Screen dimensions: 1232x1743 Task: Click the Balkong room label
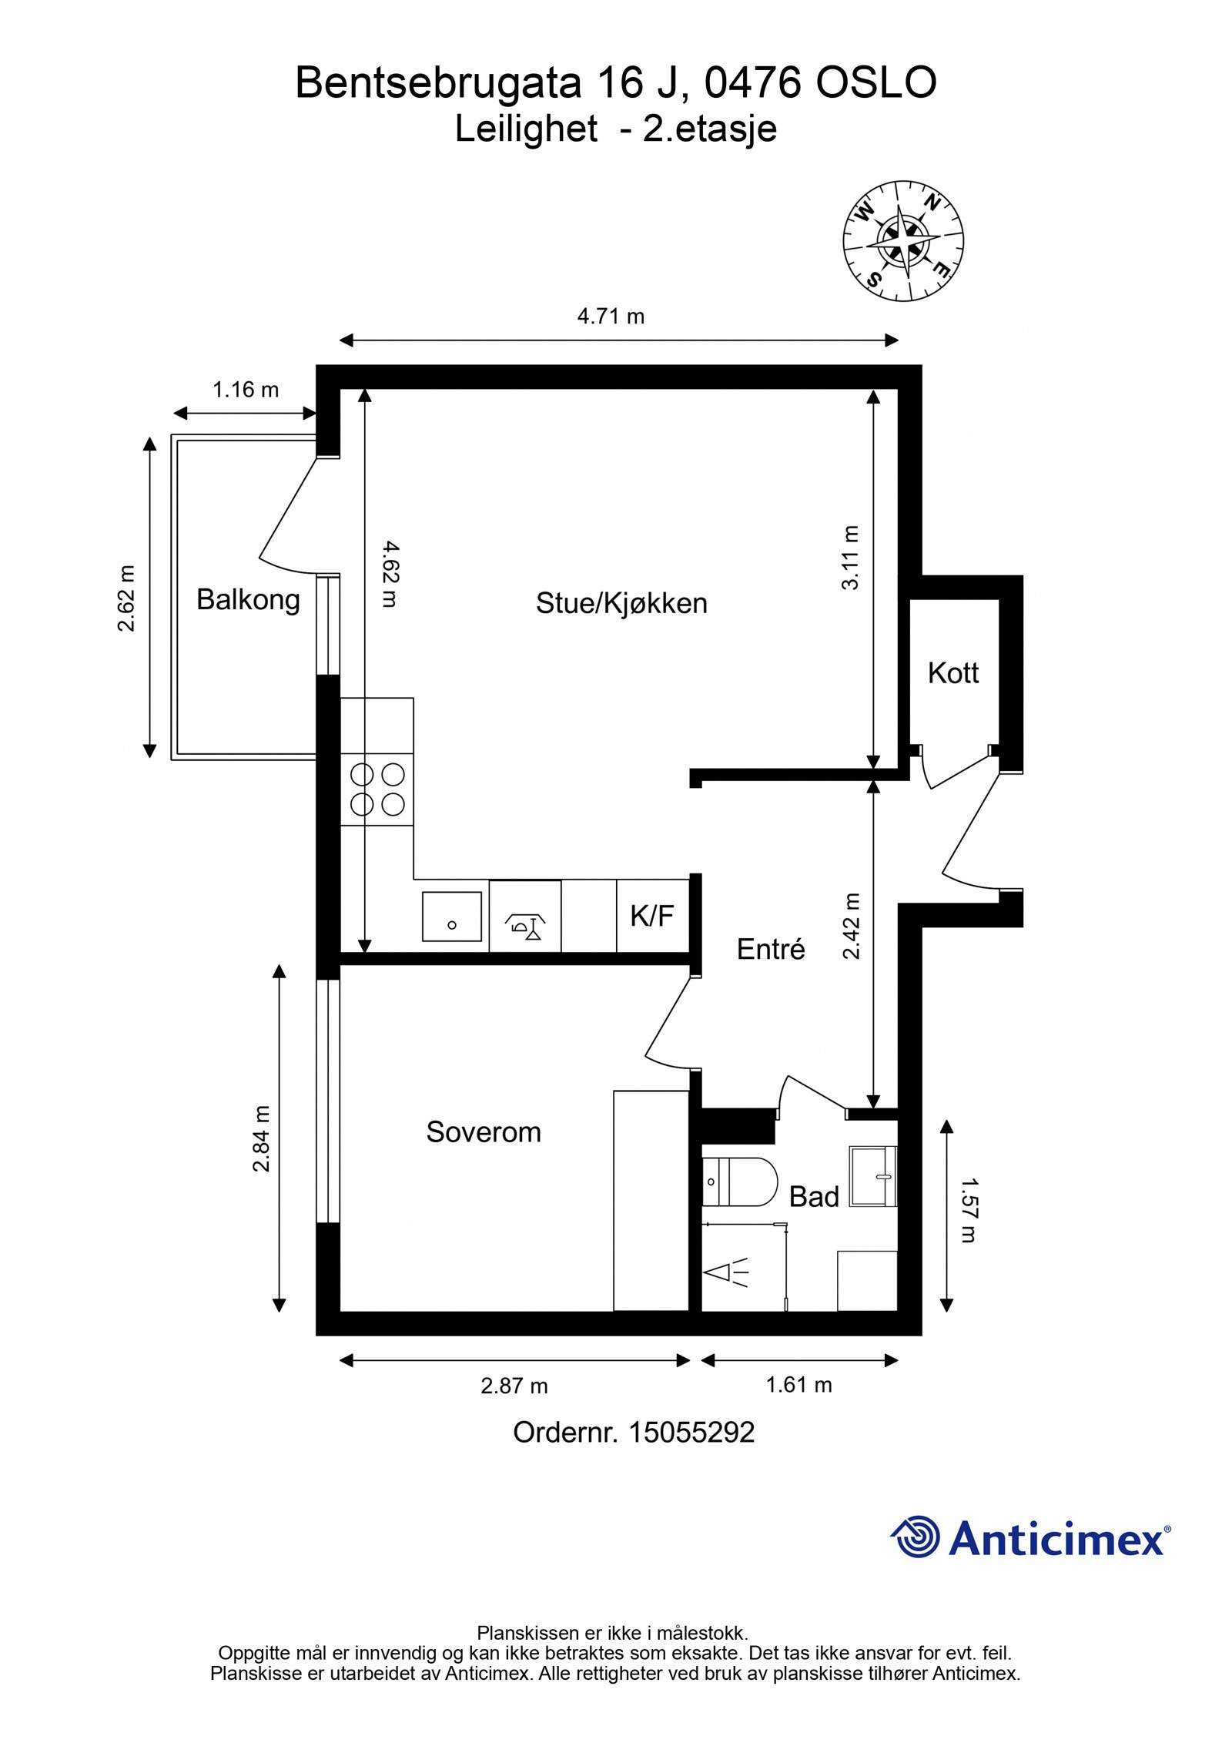coord(248,599)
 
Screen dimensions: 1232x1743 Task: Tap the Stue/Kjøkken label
coord(621,603)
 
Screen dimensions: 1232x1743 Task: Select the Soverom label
coord(484,1131)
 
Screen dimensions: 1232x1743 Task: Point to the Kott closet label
coord(953,673)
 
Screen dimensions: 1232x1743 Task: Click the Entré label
coord(771,949)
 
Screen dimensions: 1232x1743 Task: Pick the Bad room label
coord(814,1197)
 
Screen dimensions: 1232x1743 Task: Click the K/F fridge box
coord(652,916)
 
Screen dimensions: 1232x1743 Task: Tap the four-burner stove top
coord(377,789)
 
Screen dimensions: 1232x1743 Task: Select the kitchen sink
coord(452,917)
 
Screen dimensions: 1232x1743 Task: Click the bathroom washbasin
coord(873,1176)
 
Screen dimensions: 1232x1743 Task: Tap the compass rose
coord(903,241)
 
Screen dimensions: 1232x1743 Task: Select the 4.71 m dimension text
coord(611,316)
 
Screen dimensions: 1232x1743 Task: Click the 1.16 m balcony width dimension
coord(246,390)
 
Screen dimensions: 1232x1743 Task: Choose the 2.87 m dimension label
coord(514,1386)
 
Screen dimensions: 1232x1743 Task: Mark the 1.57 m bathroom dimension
coord(968,1210)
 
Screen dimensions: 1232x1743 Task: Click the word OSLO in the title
coord(876,83)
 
